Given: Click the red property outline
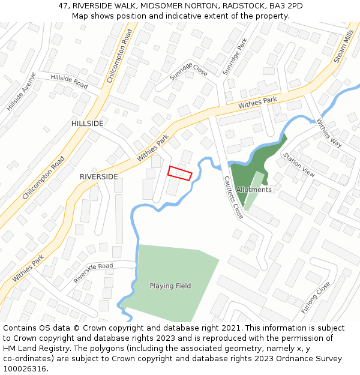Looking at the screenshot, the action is click(179, 173).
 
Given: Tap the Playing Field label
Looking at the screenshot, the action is click(170, 286).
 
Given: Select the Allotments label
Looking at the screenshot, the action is click(254, 190).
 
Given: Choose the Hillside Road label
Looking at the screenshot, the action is click(69, 82).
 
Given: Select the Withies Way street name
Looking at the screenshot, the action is click(329, 134).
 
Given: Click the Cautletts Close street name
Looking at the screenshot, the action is click(233, 197).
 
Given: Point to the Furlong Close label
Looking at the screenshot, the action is click(316, 298).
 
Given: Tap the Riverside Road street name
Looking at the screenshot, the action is click(93, 273).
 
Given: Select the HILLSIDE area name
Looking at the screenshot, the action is click(87, 124).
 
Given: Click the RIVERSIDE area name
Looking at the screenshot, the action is click(99, 177).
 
